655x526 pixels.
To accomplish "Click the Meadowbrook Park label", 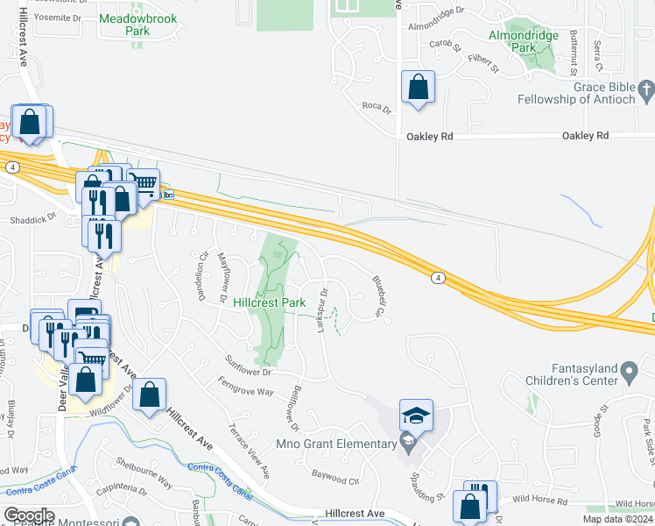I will coord(124,25).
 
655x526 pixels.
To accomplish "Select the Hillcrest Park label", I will coord(270,302).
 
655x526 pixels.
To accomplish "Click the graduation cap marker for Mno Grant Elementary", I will coord(417,416).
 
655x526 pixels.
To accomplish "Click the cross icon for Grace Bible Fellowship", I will coord(645,88).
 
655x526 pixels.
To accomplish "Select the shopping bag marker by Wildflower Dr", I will coord(150,395).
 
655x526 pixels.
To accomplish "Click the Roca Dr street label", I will coord(376,106).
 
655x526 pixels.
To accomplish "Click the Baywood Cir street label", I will coord(336,480).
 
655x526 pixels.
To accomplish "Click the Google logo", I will coord(30,515).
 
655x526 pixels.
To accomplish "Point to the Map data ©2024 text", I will coord(617,519).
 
